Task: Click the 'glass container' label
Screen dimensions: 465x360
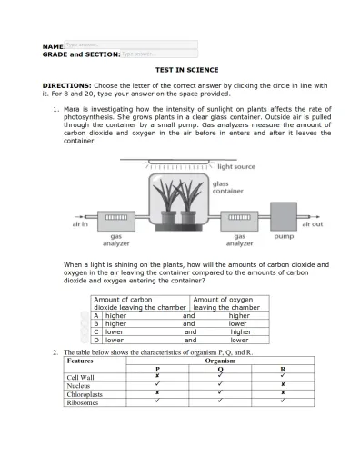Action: [x=227, y=187]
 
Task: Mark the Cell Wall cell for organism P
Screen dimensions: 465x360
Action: [x=157, y=376]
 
